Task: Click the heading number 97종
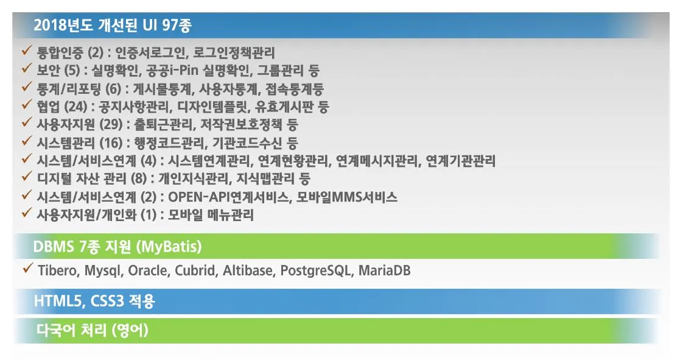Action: [x=177, y=25]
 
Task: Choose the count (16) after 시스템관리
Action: [x=111, y=143]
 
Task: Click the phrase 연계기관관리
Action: [x=460, y=161]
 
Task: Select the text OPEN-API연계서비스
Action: [x=228, y=197]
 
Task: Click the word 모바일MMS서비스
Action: [x=346, y=197]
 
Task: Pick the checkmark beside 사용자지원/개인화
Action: [x=27, y=212]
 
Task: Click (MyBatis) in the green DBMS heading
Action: [x=169, y=247]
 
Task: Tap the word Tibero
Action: [x=58, y=270]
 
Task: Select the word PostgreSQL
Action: [x=316, y=270]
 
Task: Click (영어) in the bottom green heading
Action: [x=130, y=331]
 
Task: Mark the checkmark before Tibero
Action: [x=28, y=268]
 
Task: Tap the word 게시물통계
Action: [x=161, y=89]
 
